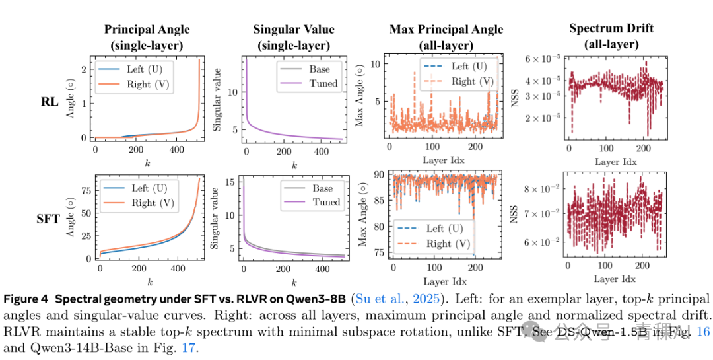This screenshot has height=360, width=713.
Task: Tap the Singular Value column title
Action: (x=293, y=29)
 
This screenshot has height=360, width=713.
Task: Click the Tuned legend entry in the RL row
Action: (x=323, y=83)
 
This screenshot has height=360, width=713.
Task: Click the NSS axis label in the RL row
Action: (x=517, y=100)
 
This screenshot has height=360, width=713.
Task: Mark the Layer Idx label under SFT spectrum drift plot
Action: (x=616, y=279)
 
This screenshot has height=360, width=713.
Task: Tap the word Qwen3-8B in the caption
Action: (x=322, y=299)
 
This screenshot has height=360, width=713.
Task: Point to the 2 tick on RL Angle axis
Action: (x=85, y=70)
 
